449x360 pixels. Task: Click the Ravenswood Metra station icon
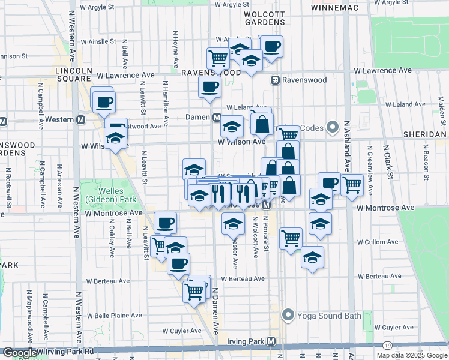point(276,80)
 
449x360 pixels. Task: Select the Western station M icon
point(80,119)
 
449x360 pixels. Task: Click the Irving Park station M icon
point(271,341)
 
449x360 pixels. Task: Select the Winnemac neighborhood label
point(335,8)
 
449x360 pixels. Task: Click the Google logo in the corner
point(19,353)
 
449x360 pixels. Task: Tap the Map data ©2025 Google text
point(412,355)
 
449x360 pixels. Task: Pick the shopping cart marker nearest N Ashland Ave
point(352,185)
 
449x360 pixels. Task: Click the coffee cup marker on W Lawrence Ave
point(210,86)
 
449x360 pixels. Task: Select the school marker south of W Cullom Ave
point(312,257)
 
